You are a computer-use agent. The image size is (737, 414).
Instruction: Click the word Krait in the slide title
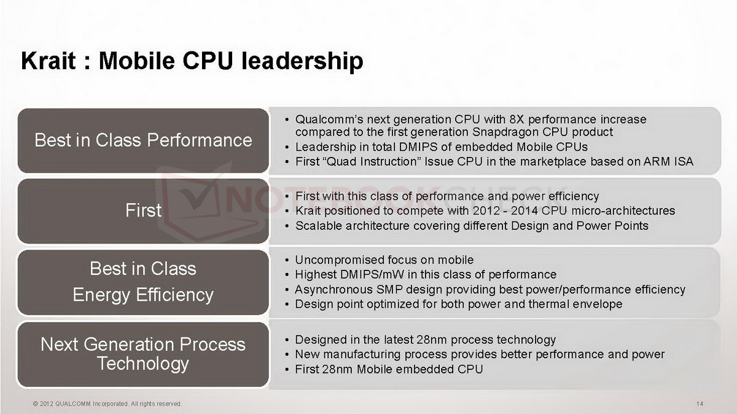coord(49,61)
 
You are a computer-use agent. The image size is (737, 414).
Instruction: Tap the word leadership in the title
coord(302,62)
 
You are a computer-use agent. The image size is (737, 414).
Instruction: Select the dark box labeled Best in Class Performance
coord(143,140)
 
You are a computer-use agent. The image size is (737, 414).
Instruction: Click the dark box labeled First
coord(143,210)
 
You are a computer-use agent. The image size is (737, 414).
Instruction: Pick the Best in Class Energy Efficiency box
coord(143,282)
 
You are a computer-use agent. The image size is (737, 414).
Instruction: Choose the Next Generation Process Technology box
coord(143,355)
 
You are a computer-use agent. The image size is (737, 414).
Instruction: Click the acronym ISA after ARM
coord(683,162)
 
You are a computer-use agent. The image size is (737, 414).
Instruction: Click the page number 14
coord(700,404)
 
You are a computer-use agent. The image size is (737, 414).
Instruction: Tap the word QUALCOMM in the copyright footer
coord(72,404)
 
